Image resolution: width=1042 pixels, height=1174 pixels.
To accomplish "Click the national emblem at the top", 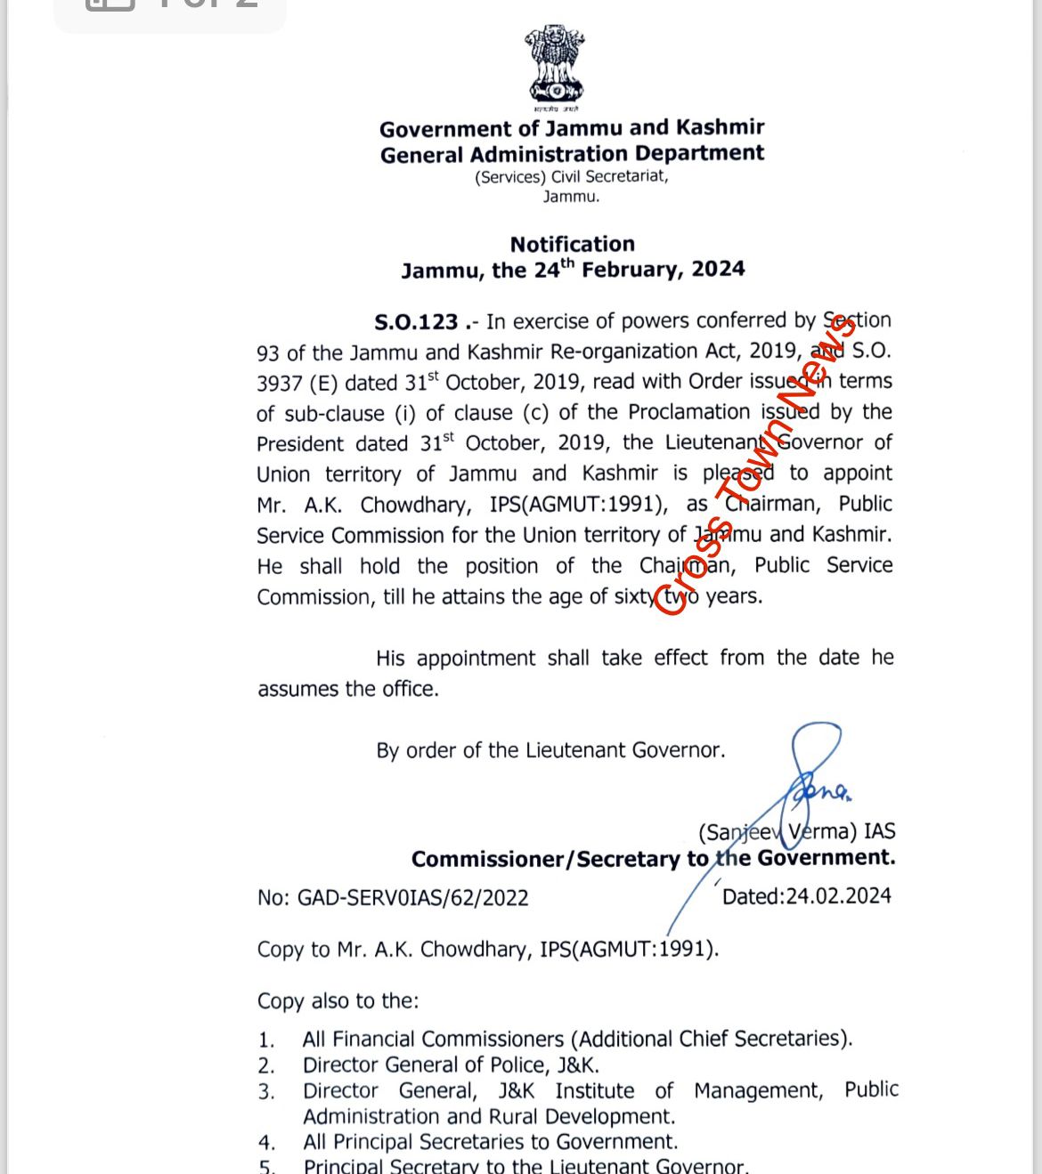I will (555, 64).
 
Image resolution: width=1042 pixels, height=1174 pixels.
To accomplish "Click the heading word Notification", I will (572, 244).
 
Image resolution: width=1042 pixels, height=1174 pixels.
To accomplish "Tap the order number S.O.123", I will (416, 321).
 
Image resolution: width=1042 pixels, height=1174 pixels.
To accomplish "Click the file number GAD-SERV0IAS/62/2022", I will (412, 897).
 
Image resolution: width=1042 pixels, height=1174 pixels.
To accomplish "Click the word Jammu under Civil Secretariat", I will (571, 196).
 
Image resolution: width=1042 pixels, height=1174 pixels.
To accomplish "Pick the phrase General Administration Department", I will (572, 154).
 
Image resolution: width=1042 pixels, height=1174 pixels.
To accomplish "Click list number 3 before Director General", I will (266, 1092).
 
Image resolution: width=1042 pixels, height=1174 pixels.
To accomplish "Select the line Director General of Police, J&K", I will (451, 1065).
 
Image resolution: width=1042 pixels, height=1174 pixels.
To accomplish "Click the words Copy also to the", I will (338, 1001).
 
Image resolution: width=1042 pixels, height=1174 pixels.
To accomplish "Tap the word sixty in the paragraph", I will (635, 596).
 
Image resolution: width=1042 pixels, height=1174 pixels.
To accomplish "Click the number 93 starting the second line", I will (268, 353).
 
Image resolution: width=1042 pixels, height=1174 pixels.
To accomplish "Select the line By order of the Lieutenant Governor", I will (550, 750).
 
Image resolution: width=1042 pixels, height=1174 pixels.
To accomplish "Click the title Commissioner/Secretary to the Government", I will (653, 859).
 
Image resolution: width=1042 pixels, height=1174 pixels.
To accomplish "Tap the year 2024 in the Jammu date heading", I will (718, 269).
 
